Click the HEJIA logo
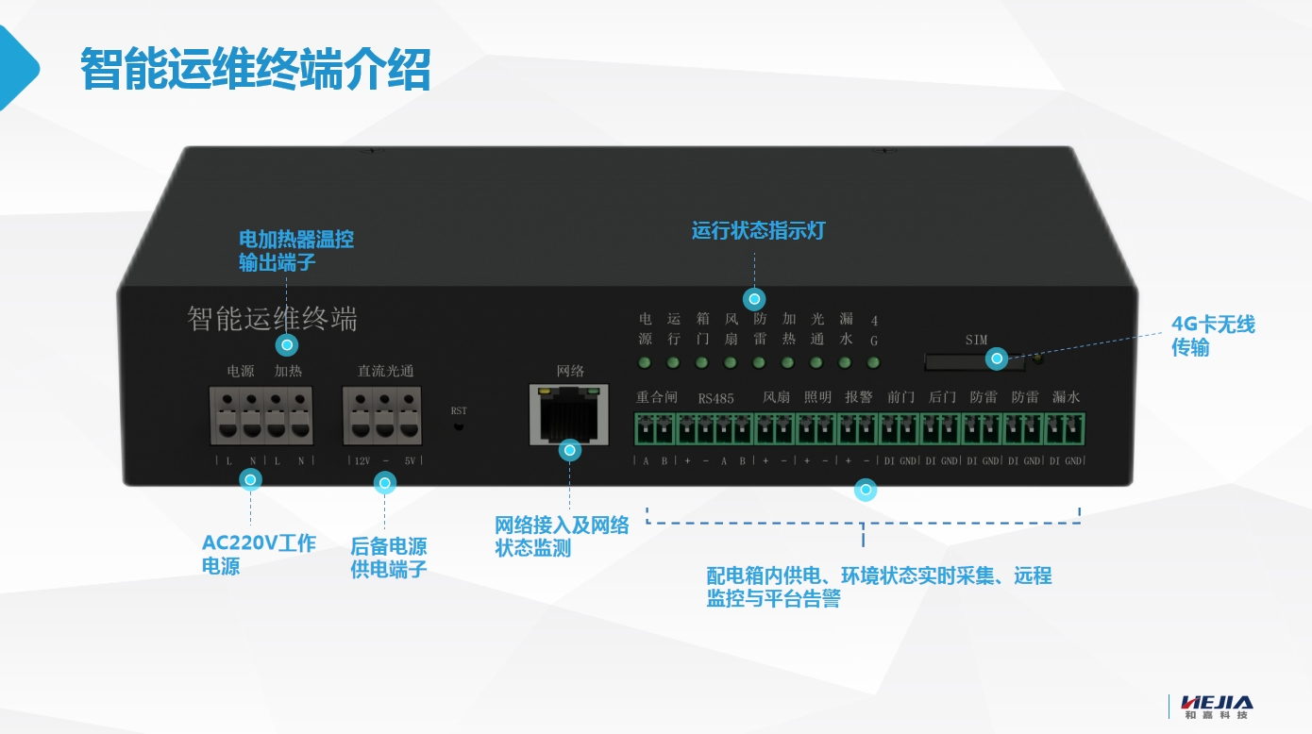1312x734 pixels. [x=1219, y=706]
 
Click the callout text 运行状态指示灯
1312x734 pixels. [x=758, y=231]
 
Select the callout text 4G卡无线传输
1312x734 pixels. [x=1213, y=336]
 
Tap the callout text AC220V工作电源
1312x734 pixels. [x=259, y=555]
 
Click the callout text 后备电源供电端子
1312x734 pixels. [x=389, y=558]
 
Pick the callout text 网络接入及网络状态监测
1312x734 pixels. [x=562, y=537]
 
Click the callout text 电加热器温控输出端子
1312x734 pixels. [x=296, y=250]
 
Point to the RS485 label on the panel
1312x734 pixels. [x=716, y=398]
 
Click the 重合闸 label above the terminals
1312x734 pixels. [x=657, y=397]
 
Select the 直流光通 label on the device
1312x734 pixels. [x=385, y=371]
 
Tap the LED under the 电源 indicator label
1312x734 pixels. [x=645, y=362]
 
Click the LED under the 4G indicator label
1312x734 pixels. [x=873, y=362]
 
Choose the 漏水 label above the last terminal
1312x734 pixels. [x=1066, y=397]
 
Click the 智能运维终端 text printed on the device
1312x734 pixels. [x=272, y=319]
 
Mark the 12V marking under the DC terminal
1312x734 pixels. [x=361, y=461]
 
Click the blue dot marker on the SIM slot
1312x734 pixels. [x=997, y=359]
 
